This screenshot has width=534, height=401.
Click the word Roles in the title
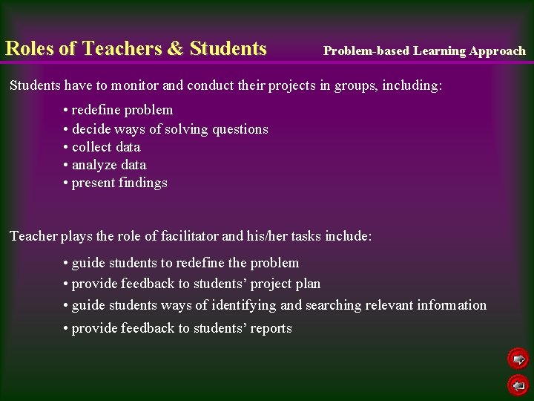pyautogui.click(x=30, y=49)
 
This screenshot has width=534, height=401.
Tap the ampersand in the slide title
pyautogui.click(x=175, y=49)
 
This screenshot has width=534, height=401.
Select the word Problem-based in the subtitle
pyautogui.click(x=366, y=51)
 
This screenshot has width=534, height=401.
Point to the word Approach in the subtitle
pyautogui.click(x=497, y=51)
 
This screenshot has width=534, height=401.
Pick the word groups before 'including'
pyautogui.click(x=357, y=85)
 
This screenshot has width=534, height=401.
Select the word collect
pyautogui.click(x=93, y=147)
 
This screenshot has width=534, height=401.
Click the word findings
pyautogui.click(x=143, y=183)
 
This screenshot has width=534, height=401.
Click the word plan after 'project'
pyautogui.click(x=308, y=284)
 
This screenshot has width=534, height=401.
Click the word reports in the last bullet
pyautogui.click(x=271, y=328)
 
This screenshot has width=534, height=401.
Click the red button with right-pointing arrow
pyautogui.click(x=518, y=359)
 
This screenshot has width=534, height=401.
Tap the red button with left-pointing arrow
pyautogui.click(x=518, y=385)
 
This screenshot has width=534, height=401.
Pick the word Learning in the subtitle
pyautogui.click(x=439, y=51)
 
